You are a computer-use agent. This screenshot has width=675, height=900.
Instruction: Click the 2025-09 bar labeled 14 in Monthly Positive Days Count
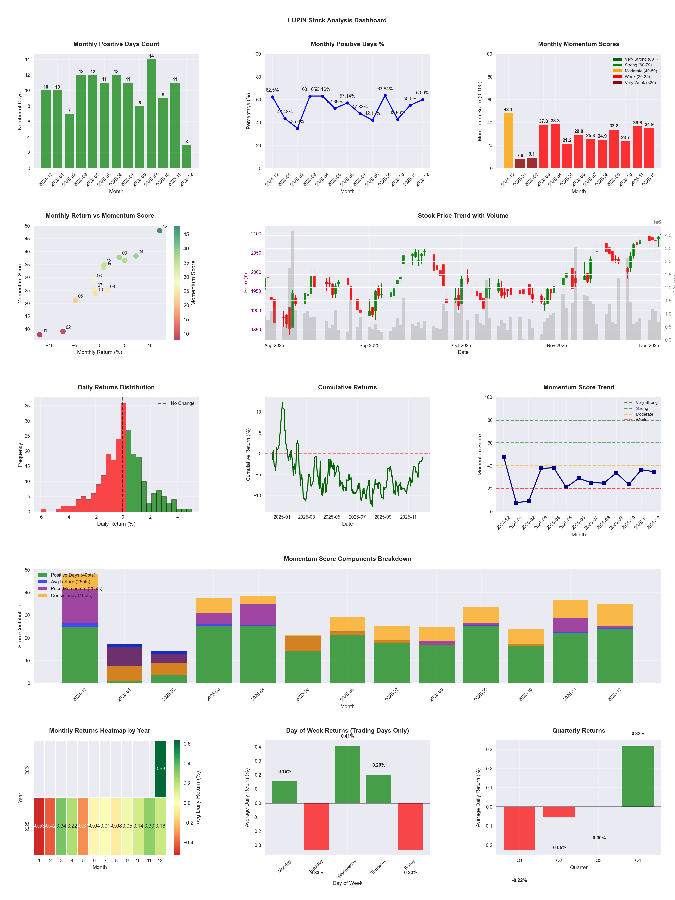(x=151, y=114)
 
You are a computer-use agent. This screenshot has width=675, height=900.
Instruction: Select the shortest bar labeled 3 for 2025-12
(x=187, y=157)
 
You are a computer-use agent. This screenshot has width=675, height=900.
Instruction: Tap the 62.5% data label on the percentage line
(x=272, y=90)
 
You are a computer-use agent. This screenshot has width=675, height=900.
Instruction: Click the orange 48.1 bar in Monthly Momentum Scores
(x=508, y=141)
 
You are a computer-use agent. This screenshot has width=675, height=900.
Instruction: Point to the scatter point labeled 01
(x=39, y=335)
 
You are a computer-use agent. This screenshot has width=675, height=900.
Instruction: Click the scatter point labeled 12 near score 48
(x=160, y=231)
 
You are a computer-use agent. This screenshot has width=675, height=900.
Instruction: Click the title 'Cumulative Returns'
(x=347, y=387)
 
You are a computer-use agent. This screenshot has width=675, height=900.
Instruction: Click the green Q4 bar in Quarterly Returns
(x=638, y=776)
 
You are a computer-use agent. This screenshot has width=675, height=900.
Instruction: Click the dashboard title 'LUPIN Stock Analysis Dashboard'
(x=337, y=20)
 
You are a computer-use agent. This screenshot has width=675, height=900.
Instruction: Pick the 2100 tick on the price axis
(x=256, y=234)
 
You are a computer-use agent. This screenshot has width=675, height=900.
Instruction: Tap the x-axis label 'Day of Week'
(x=347, y=883)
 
